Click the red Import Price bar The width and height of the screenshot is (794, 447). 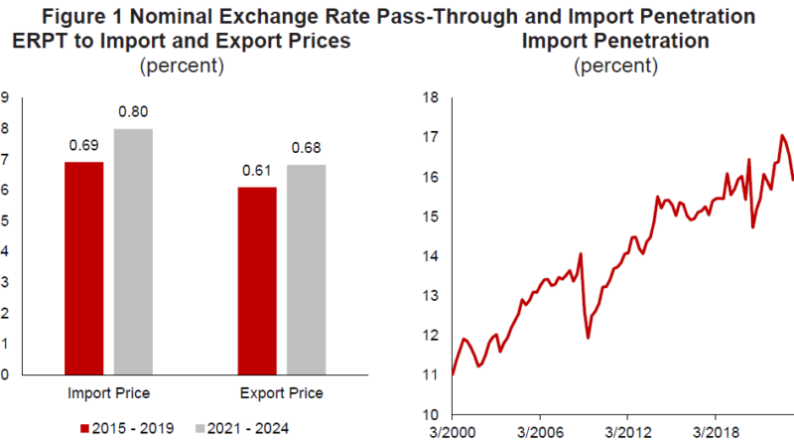point(84,268)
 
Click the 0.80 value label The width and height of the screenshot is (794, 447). point(133,112)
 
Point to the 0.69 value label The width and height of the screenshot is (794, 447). point(84,145)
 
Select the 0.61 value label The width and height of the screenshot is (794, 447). point(258,170)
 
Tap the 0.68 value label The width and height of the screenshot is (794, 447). point(306,149)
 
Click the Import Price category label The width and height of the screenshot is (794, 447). point(108,393)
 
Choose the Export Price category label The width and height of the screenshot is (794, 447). point(282,393)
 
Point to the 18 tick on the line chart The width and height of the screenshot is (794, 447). point(431,98)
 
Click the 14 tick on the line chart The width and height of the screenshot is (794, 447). point(431,256)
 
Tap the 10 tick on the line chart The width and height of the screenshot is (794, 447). point(431,414)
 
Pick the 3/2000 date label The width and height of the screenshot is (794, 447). point(453,435)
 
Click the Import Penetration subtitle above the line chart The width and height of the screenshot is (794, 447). point(615,42)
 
